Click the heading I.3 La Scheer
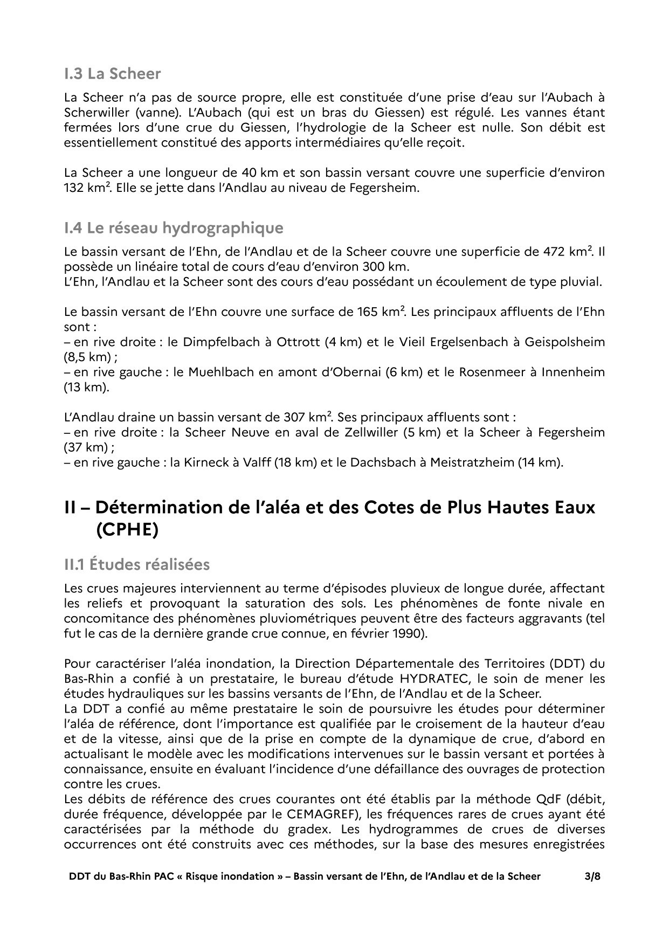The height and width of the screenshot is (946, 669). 112,73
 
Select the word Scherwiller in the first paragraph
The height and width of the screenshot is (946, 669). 95,113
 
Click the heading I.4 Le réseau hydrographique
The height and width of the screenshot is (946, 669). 173,227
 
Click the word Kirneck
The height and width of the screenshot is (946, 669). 205,462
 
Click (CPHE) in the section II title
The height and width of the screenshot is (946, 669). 127,529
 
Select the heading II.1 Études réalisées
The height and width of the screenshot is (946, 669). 136,564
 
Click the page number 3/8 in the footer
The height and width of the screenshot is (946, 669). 592,876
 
